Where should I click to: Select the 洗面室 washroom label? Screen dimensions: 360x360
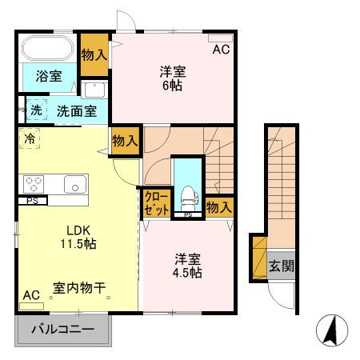(77, 111)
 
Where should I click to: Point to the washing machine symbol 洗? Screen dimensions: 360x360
(36, 110)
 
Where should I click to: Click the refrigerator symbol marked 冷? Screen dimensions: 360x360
(29, 138)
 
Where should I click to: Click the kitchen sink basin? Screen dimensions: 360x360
(77, 183)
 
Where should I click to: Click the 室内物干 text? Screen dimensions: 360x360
(79, 286)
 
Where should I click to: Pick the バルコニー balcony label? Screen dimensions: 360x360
(62, 330)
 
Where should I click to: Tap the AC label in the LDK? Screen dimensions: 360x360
(31, 295)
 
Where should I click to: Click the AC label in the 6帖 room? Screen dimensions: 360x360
(220, 50)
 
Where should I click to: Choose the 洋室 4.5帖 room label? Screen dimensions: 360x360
(189, 266)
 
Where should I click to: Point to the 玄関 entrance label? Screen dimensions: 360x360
(280, 266)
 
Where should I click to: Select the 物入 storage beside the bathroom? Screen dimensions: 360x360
(94, 54)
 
